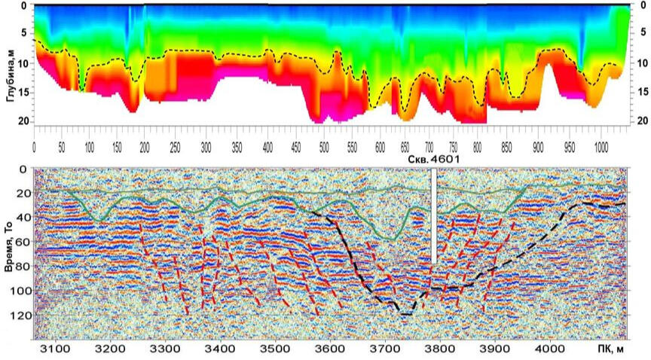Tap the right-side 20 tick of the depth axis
640,121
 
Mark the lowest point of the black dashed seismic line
404,314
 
